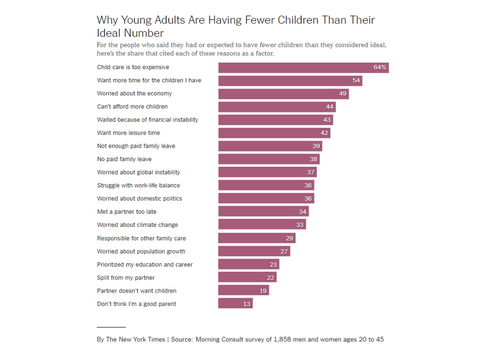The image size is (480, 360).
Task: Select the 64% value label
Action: pyautogui.click(x=379, y=67)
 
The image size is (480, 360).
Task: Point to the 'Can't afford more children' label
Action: pyautogui.click(x=132, y=106)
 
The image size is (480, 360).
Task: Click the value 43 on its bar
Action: pyautogui.click(x=327, y=120)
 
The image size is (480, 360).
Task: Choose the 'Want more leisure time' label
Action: pyautogui.click(x=129, y=133)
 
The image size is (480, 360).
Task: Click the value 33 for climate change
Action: pyautogui.click(x=299, y=225)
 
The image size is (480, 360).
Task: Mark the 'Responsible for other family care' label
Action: pyautogui.click(x=141, y=238)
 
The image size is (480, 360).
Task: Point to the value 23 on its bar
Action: pyautogui.click(x=273, y=264)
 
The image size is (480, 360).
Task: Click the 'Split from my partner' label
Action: pyautogui.click(x=125, y=277)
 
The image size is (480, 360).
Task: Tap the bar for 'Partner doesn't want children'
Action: pyautogui.click(x=243, y=290)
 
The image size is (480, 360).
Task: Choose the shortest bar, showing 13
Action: pyautogui.click(x=235, y=303)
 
